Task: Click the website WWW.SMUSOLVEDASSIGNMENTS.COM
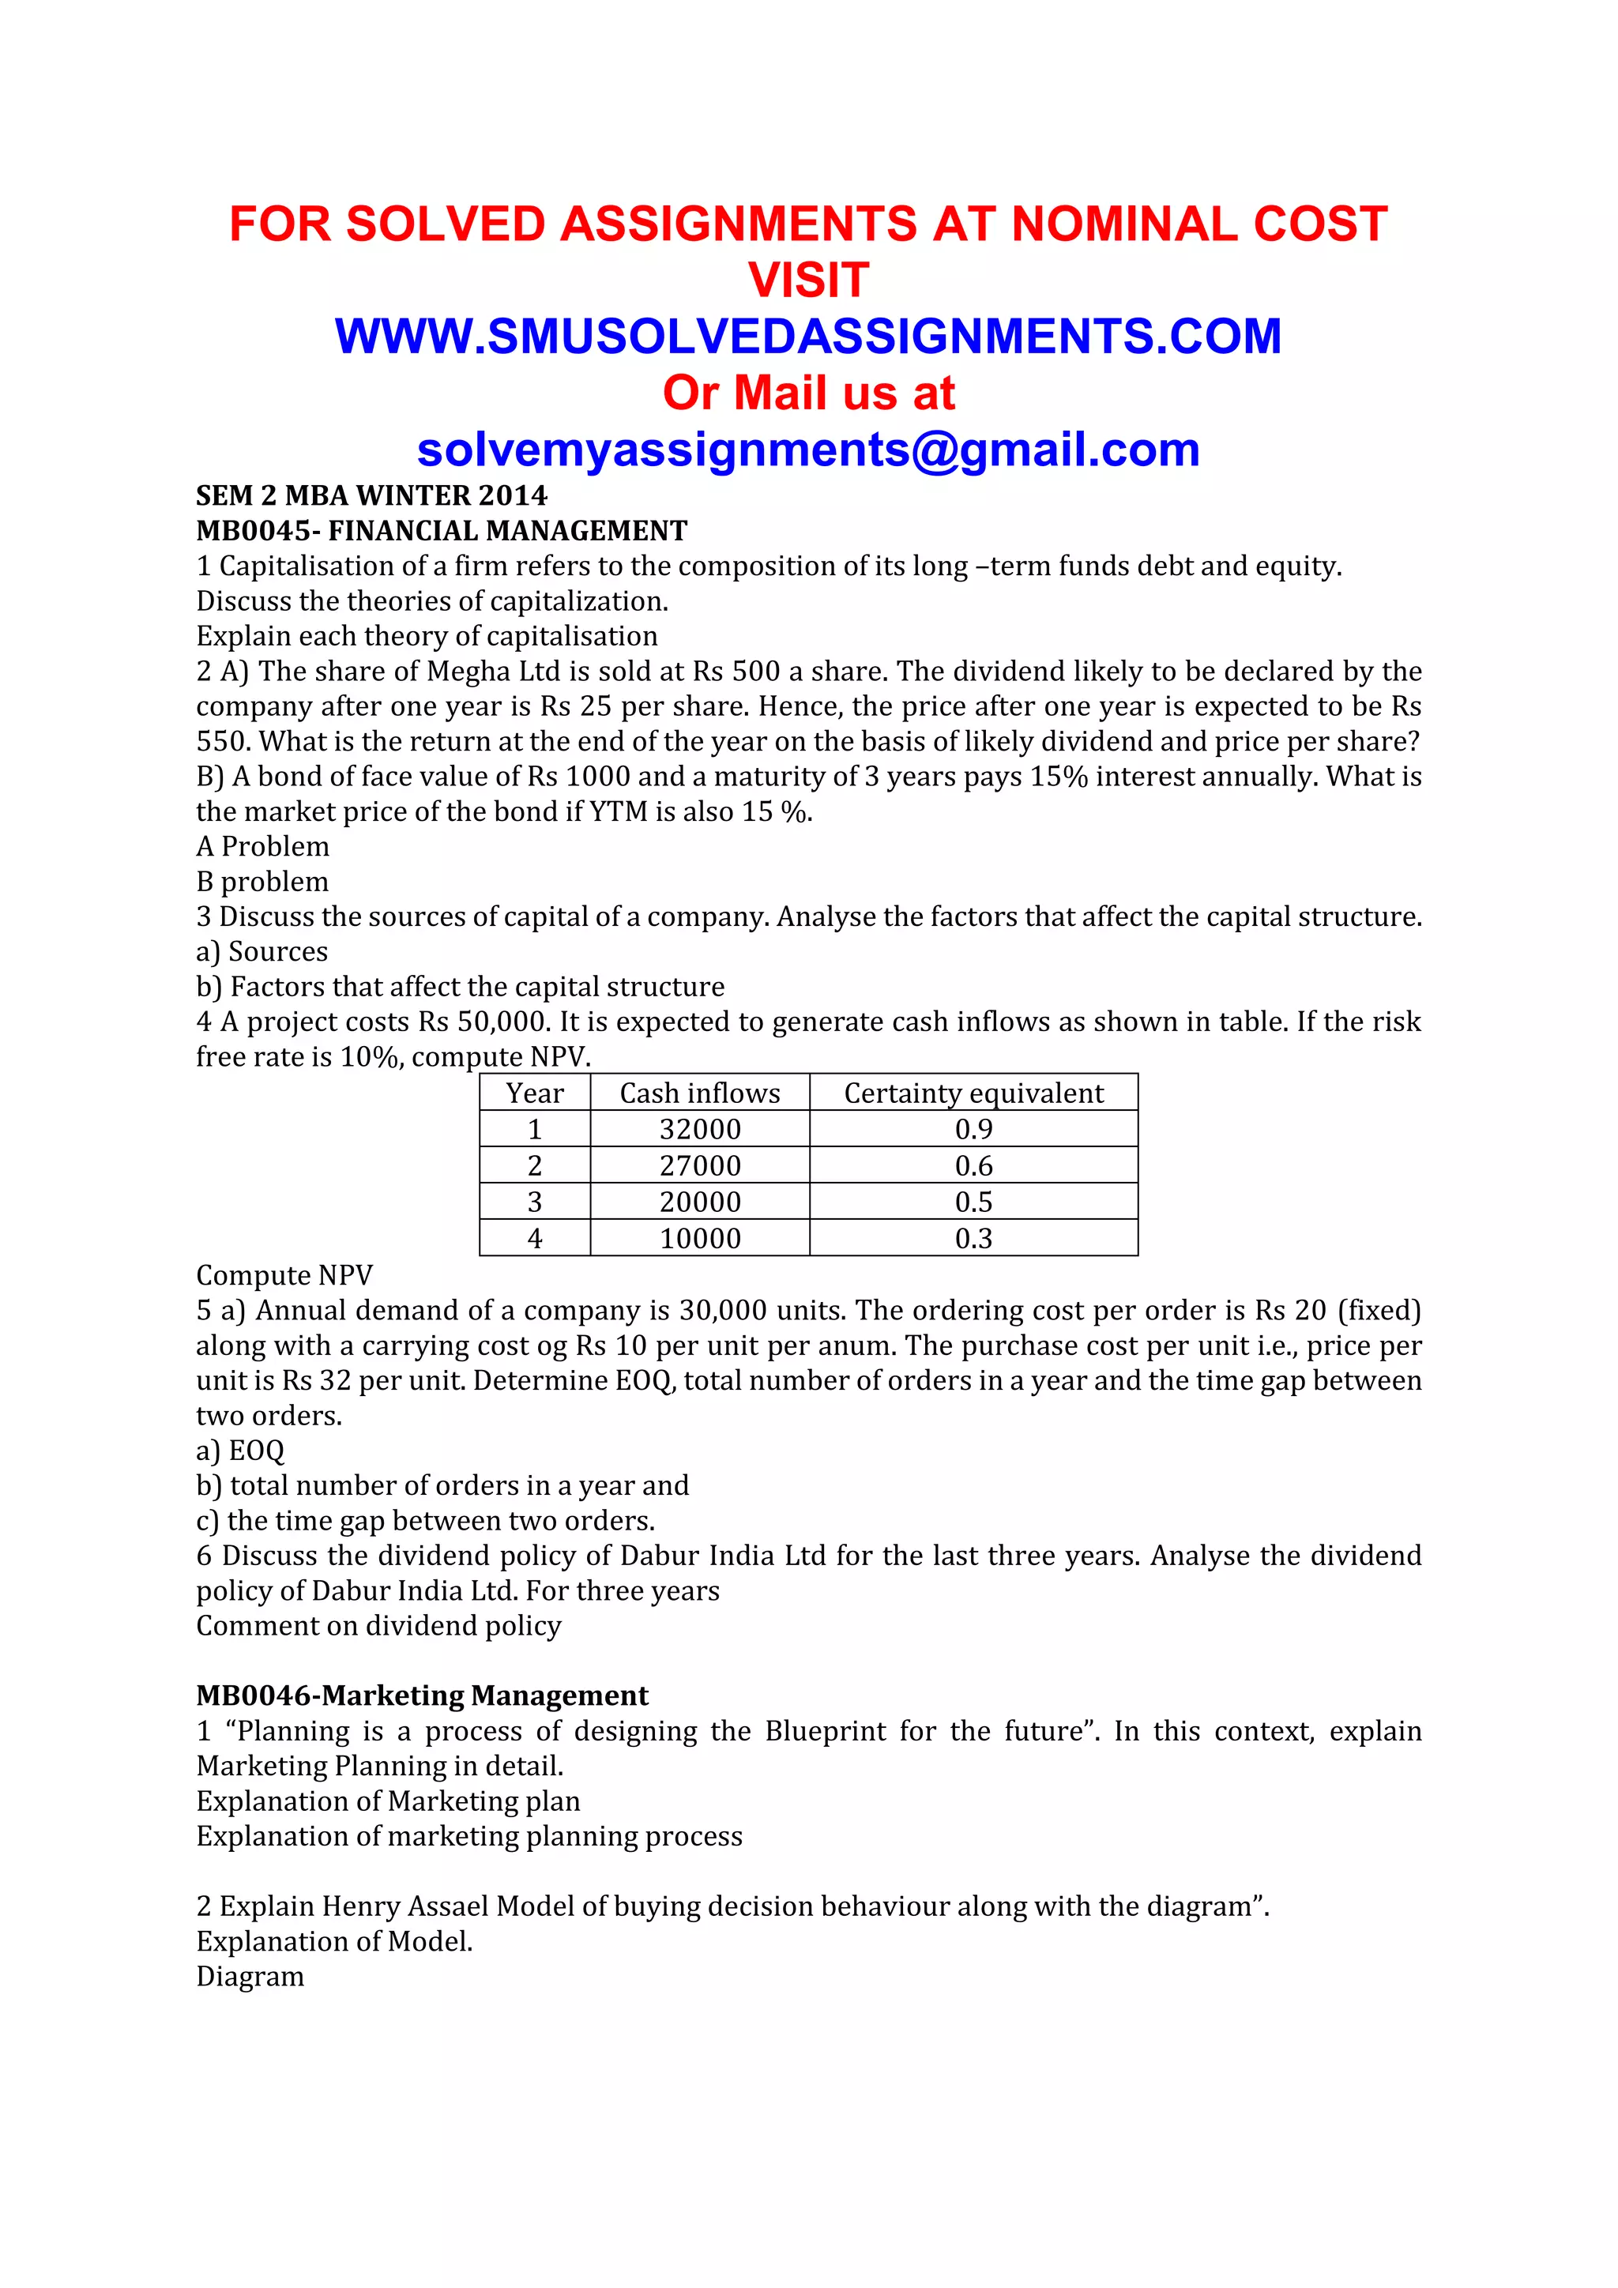pyautogui.click(x=808, y=337)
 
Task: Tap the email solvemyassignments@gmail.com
pyautogui.click(x=808, y=450)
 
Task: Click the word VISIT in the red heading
pyautogui.click(x=808, y=280)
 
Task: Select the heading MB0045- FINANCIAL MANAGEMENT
pyautogui.click(x=442, y=531)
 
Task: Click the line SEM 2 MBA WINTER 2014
pyautogui.click(x=371, y=496)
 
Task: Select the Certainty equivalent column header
pyautogui.click(x=973, y=1093)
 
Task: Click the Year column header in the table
pyautogui.click(x=534, y=1093)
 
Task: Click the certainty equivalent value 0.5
pyautogui.click(x=973, y=1202)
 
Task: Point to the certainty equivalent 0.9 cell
pyautogui.click(x=973, y=1129)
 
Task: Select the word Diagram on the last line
pyautogui.click(x=250, y=1976)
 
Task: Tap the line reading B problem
pyautogui.click(x=262, y=882)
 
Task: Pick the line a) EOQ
pyautogui.click(x=240, y=1451)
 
